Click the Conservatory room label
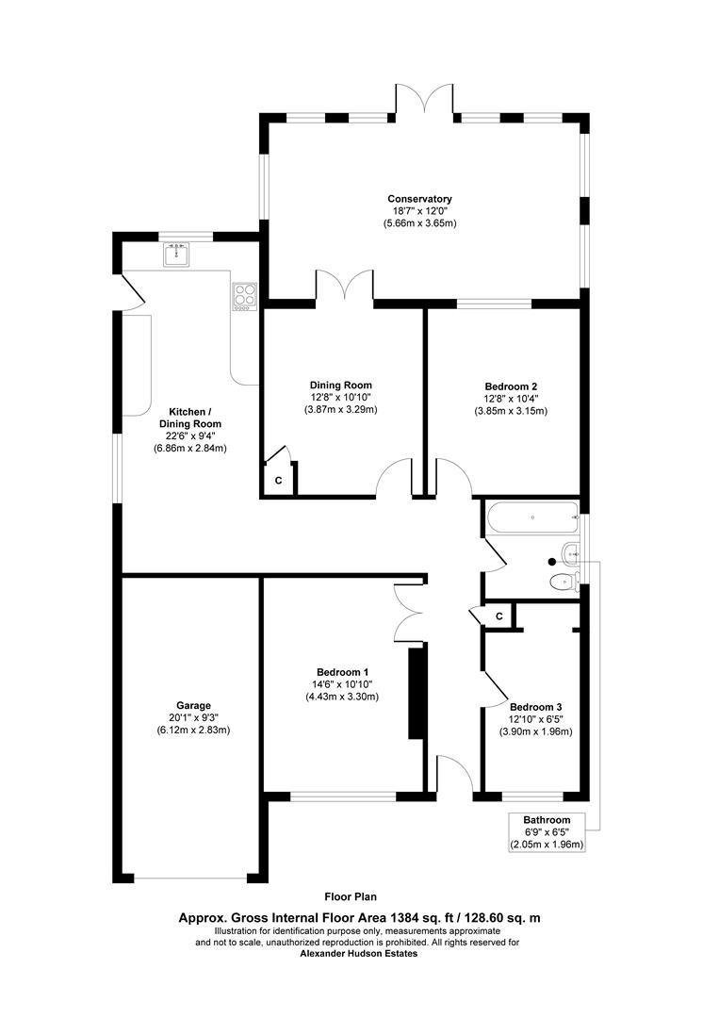pyautogui.click(x=419, y=199)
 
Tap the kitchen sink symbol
pyautogui.click(x=176, y=254)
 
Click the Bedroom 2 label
pyautogui.click(x=511, y=386)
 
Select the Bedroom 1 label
pyautogui.click(x=341, y=672)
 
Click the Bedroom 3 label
pyautogui.click(x=535, y=707)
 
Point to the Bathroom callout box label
pyautogui.click(x=547, y=820)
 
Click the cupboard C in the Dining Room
pyautogui.click(x=278, y=481)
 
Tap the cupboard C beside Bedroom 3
pyautogui.click(x=499, y=616)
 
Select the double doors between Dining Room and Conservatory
pyautogui.click(x=344, y=286)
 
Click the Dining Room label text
pyautogui.click(x=340, y=385)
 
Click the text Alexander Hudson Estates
pyautogui.click(x=358, y=953)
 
